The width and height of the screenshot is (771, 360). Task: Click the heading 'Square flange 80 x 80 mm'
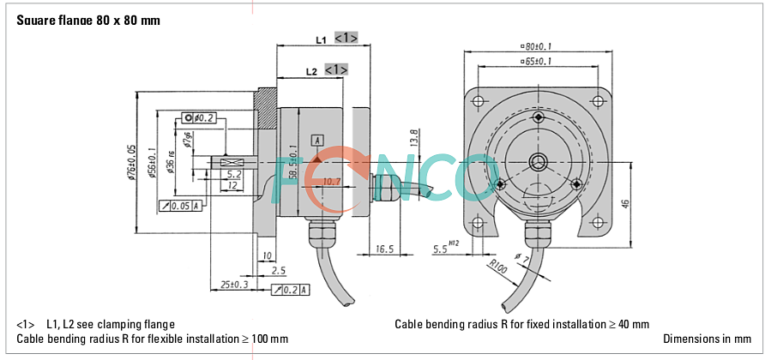pyautogui.click(x=88, y=20)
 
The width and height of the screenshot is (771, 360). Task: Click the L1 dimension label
pyautogui.click(x=321, y=39)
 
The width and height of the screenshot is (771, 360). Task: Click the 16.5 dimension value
pyautogui.click(x=384, y=249)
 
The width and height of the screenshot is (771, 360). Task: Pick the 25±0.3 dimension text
pyautogui.click(x=234, y=284)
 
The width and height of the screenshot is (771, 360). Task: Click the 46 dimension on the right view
pyautogui.click(x=625, y=203)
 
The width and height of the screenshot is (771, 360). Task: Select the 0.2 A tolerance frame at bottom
pyautogui.click(x=290, y=291)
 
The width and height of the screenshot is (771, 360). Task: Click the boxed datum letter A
pyautogui.click(x=317, y=140)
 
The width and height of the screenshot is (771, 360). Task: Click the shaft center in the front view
pyautogui.click(x=538, y=161)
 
